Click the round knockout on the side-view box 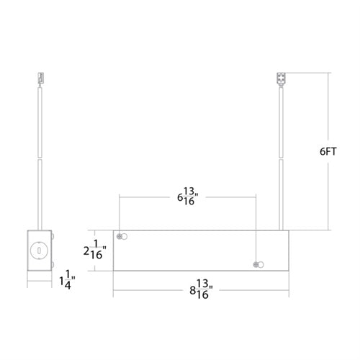pyautogui.click(x=40, y=251)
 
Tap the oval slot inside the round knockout pyautogui.click(x=40, y=251)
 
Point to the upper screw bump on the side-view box pyautogui.click(x=52, y=237)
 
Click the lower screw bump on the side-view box pyautogui.click(x=52, y=266)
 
